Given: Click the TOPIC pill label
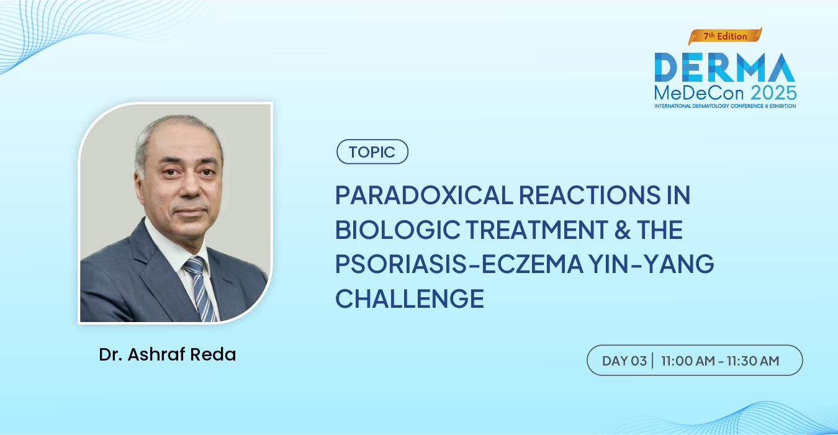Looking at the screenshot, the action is pos(372,152).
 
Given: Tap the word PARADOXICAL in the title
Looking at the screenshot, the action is pos(424,195).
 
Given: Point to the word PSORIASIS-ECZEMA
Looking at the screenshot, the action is pos(459,264).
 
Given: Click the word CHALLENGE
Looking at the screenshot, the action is pos(410,298).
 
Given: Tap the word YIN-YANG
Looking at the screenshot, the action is pos(652,264).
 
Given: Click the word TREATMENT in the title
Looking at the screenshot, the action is pos(537,229).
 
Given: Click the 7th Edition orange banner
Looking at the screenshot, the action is pos(725,36).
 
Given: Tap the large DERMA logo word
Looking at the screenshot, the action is pos(724,67).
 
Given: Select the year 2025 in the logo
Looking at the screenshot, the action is pos(773,92).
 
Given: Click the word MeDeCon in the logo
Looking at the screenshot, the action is pos(699,92).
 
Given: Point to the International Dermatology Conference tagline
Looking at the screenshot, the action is pos(725,106).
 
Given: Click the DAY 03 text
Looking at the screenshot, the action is pos(624,361).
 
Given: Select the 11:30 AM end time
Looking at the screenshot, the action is pos(753,361).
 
